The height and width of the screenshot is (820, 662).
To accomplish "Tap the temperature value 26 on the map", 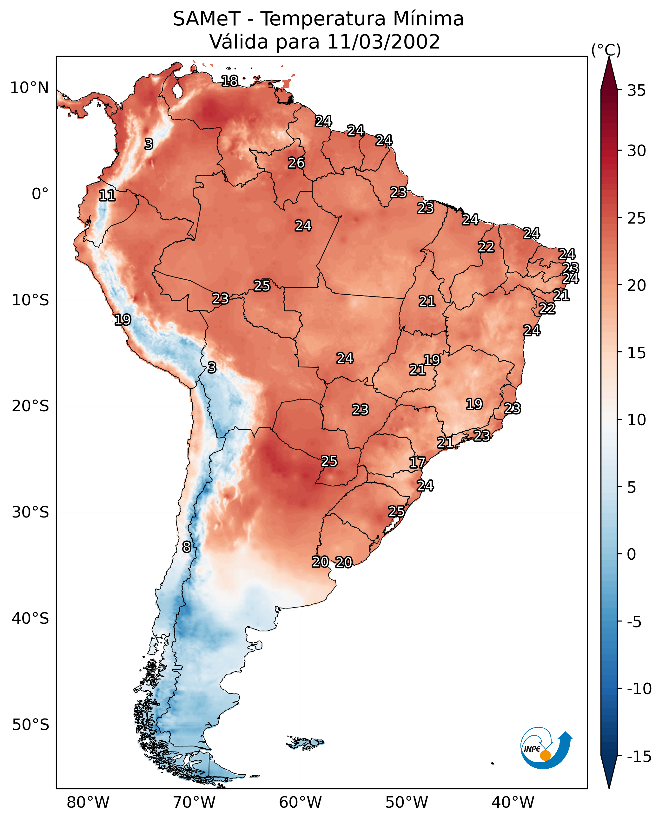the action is [296, 163].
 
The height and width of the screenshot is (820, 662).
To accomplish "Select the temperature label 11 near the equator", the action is [107, 196].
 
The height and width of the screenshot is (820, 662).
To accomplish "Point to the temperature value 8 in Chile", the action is [187, 547].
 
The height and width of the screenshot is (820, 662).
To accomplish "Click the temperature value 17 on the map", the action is [417, 463].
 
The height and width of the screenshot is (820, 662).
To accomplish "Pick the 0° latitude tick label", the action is [40, 194].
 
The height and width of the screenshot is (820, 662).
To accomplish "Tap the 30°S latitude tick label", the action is [30, 512].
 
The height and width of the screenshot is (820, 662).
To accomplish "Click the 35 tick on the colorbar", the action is [636, 91].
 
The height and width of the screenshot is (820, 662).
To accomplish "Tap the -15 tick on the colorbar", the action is [639, 757].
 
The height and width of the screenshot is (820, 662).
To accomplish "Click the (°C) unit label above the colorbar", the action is [606, 50].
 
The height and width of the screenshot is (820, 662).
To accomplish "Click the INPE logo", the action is [546, 748].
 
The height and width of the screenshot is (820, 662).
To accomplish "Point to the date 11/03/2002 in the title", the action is [384, 42].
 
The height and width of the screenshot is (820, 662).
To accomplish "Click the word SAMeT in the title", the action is [207, 19].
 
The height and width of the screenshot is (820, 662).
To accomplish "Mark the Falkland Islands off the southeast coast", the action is [305, 743].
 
